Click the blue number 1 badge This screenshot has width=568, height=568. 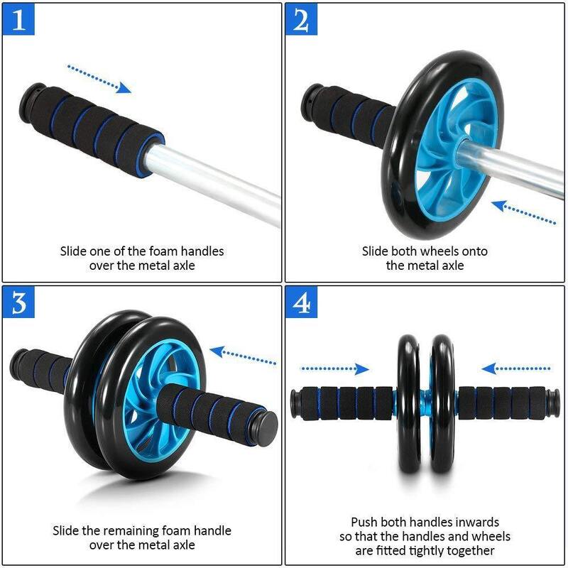point(19,19)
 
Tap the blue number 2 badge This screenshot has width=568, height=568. point(301,19)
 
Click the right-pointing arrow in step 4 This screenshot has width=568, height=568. point(334,368)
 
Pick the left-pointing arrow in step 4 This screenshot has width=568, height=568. point(516,368)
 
